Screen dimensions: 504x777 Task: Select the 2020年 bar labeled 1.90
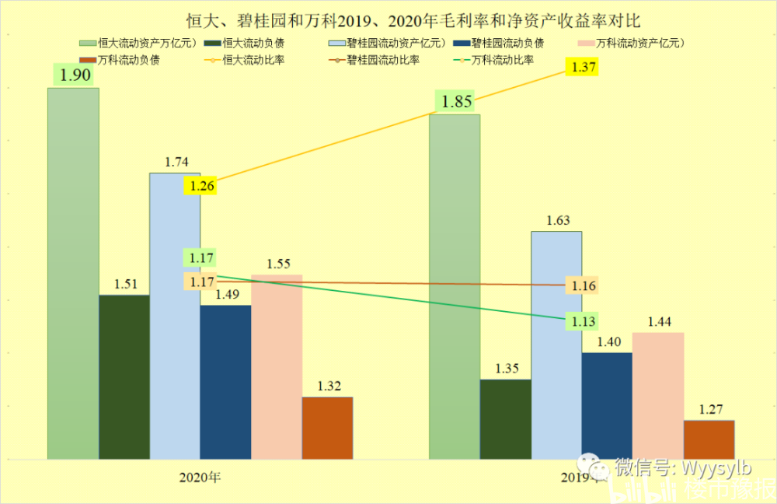coord(73,272)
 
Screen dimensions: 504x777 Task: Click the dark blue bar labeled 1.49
coord(225,381)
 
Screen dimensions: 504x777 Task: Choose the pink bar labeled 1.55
coord(277,366)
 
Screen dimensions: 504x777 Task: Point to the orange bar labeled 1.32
coord(327,427)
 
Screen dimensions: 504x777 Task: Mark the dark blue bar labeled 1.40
coord(607,404)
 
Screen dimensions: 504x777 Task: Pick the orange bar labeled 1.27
coord(709,439)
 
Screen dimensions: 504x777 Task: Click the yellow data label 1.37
coord(583,68)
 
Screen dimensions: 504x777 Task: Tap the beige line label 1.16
coord(583,286)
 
